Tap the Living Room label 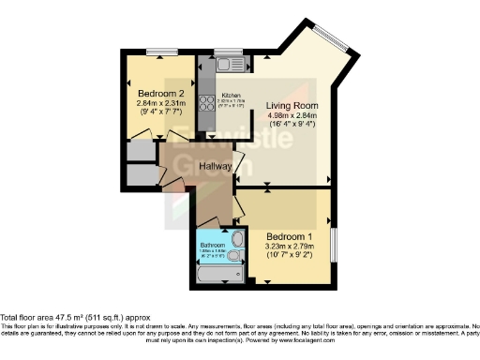point(290,105)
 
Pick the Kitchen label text point(231,96)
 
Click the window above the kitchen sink point(227,51)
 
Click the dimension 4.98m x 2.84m point(290,117)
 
